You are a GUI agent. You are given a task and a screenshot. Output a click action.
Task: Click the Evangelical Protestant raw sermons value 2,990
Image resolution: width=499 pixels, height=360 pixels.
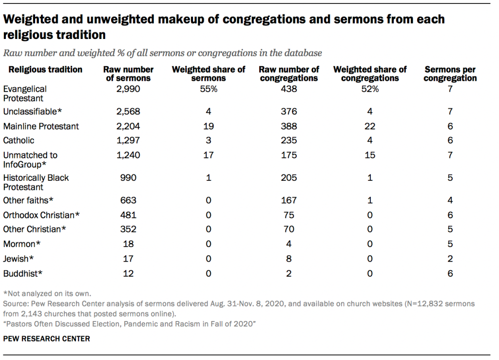click(x=129, y=89)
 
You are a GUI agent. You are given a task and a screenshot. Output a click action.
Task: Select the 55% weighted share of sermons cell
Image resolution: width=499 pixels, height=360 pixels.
click(x=209, y=89)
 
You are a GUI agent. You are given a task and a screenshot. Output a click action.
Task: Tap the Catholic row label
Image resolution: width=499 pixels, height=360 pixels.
click(x=19, y=141)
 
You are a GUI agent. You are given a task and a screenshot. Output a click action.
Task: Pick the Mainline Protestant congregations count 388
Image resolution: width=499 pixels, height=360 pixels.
click(x=289, y=127)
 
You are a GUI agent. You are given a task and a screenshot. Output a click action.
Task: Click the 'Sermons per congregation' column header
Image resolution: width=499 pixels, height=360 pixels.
click(x=450, y=74)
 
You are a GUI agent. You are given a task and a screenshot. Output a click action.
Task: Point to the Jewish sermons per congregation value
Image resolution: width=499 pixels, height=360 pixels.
click(x=450, y=259)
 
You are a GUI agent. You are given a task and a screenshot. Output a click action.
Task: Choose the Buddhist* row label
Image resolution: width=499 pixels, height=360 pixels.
click(x=23, y=274)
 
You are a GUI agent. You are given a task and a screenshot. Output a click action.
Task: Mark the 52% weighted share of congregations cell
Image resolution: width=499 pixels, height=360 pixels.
click(x=370, y=89)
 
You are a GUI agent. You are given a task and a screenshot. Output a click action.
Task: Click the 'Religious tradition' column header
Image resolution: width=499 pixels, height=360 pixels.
click(x=45, y=70)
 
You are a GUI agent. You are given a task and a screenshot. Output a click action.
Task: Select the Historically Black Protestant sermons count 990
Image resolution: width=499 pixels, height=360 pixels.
click(x=129, y=178)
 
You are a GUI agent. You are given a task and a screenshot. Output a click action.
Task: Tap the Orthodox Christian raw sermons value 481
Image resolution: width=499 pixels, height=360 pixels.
click(x=129, y=215)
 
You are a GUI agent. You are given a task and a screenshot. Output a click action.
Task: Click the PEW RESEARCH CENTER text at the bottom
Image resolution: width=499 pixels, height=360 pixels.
click(x=47, y=339)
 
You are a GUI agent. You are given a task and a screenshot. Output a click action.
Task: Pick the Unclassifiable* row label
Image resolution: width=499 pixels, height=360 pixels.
click(x=33, y=112)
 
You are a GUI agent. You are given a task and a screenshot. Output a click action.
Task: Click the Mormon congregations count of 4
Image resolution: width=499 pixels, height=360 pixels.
click(x=289, y=244)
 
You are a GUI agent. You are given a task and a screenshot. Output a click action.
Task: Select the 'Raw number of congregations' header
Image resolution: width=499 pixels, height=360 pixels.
click(x=289, y=74)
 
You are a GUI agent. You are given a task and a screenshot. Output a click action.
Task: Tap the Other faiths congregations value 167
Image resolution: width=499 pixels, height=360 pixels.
click(x=289, y=200)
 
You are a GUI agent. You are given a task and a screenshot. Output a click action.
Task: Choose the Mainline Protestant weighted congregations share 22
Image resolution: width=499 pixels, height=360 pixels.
click(x=370, y=127)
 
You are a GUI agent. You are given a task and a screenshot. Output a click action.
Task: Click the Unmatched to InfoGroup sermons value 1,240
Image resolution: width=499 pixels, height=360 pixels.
click(x=129, y=155)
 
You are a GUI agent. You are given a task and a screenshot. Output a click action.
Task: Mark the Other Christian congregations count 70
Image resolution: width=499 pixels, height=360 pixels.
click(x=289, y=229)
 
